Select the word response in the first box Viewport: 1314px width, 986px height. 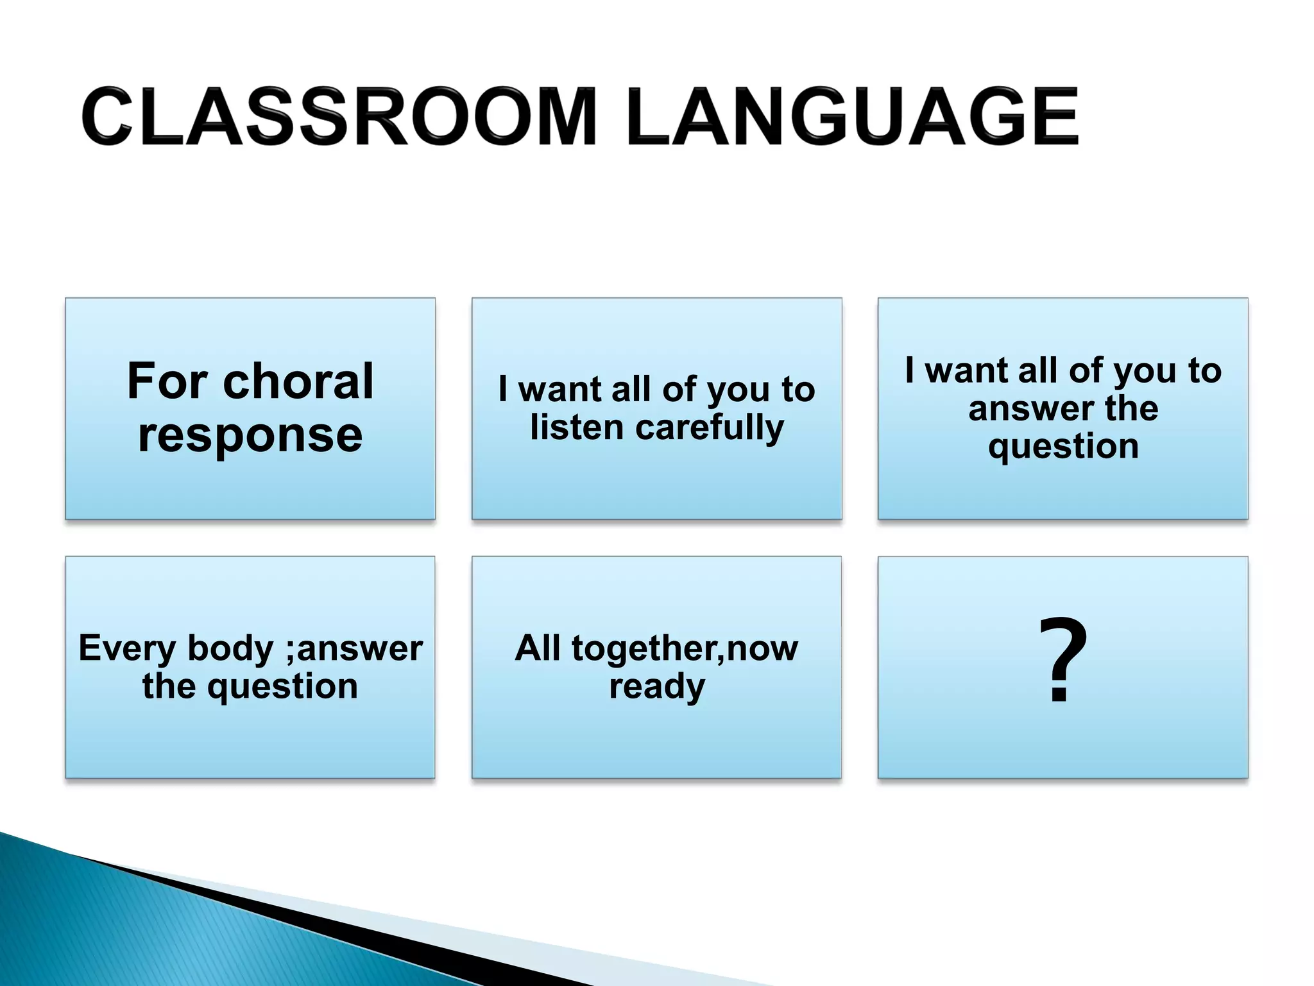(x=250, y=436)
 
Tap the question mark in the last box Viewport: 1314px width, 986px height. (x=1062, y=660)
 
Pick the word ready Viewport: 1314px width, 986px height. (x=657, y=687)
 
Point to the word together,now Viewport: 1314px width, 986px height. (x=685, y=648)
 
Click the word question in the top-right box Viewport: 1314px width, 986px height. (x=1063, y=447)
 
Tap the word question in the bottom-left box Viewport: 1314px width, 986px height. (x=282, y=687)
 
